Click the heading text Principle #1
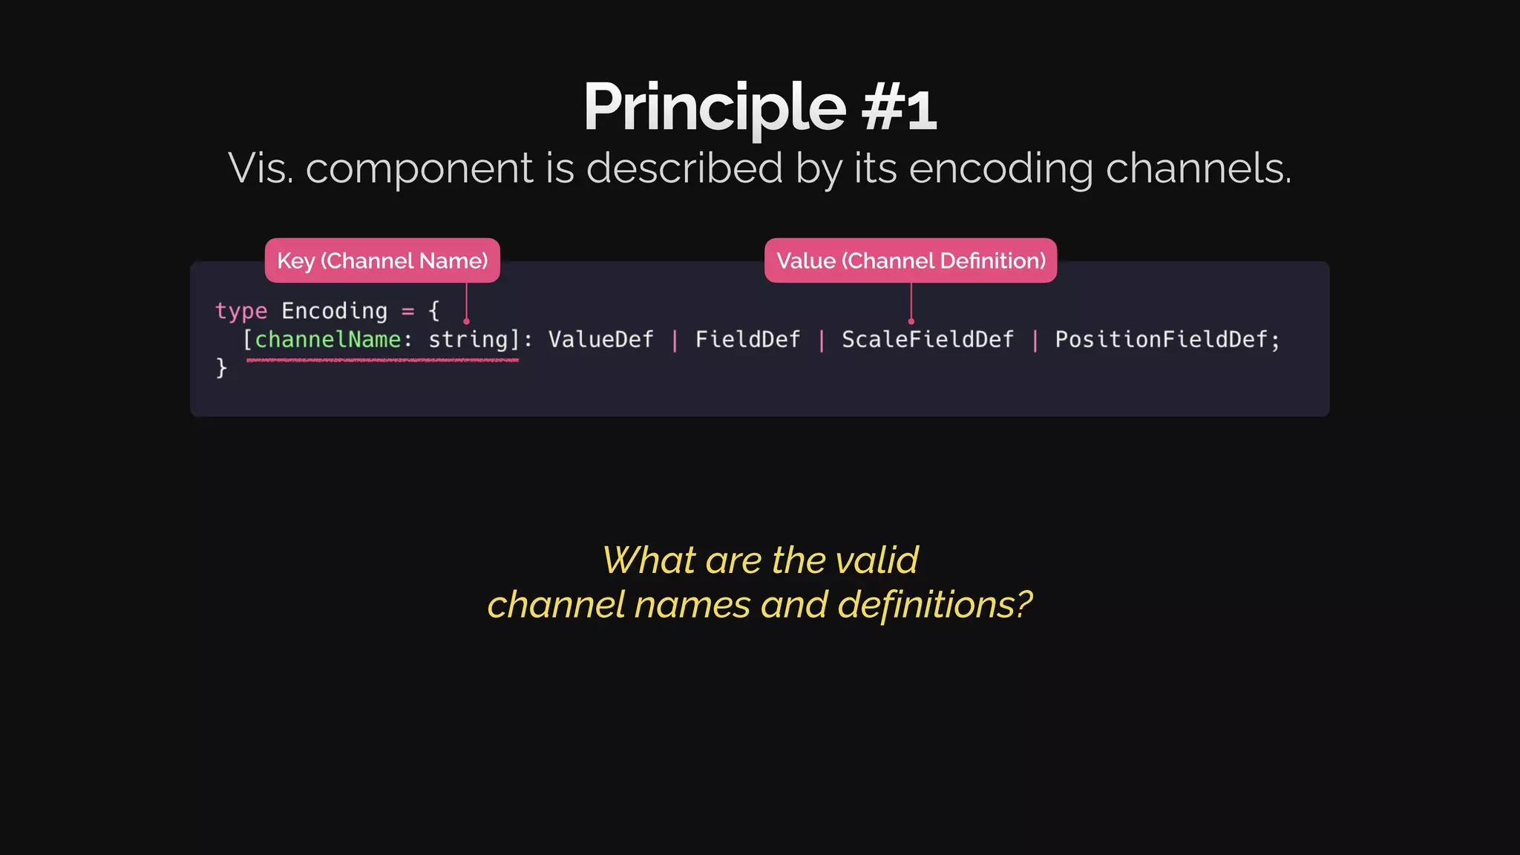point(759,108)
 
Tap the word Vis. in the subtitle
point(261,168)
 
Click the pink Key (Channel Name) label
point(382,261)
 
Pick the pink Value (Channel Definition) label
point(911,261)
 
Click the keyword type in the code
point(241,311)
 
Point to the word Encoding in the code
point(334,311)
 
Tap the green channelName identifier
point(327,340)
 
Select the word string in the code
point(468,340)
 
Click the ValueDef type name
point(600,340)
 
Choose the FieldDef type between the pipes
point(747,340)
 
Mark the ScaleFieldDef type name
point(927,340)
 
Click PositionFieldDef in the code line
point(1162,340)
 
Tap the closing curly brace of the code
point(221,368)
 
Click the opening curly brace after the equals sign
point(434,311)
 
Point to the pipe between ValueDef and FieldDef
point(675,341)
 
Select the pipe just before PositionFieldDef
point(1035,341)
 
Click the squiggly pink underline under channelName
point(382,360)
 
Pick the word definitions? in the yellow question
point(934,605)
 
